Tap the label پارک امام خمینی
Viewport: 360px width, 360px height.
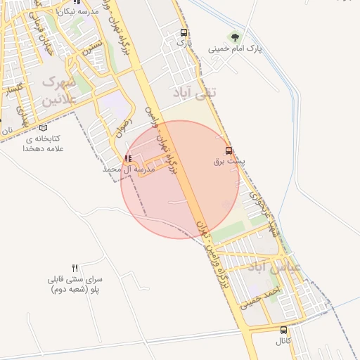click(x=235, y=49)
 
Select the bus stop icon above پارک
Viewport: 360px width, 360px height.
click(x=184, y=32)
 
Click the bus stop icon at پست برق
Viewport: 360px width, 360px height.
click(x=229, y=150)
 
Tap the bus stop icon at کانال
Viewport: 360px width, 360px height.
click(x=283, y=330)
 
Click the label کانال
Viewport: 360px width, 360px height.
click(x=283, y=341)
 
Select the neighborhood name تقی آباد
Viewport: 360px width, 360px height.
click(x=195, y=91)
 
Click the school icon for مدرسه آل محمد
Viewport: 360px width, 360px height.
click(x=127, y=158)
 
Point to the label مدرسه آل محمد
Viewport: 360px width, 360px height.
click(x=128, y=169)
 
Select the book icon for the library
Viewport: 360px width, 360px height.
click(x=43, y=128)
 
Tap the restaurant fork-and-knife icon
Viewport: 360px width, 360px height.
click(x=75, y=268)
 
